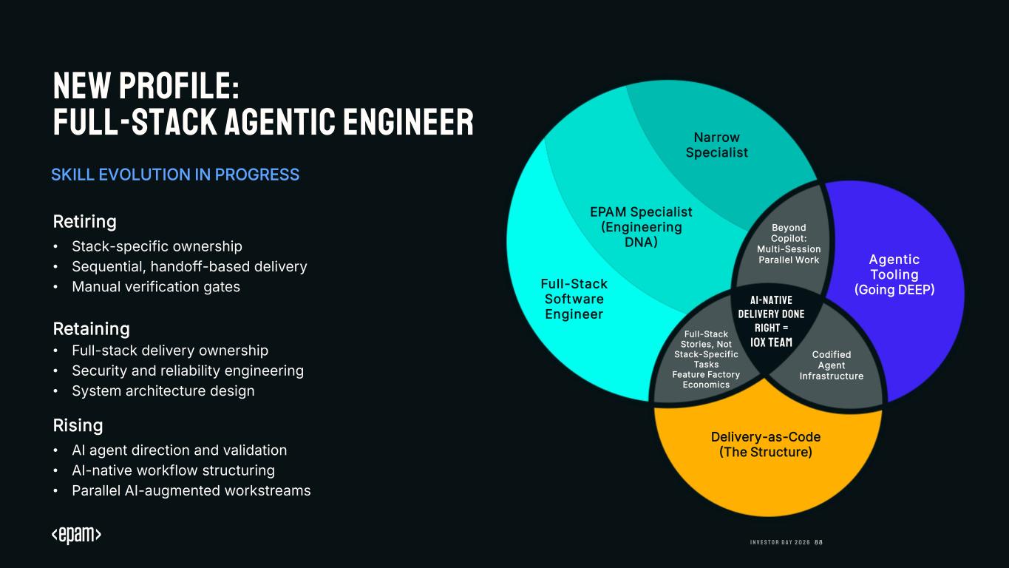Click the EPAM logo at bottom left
76,536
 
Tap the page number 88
818,542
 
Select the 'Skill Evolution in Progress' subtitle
175,175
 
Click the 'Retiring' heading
85,221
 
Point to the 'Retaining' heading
92,328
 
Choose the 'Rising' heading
78,425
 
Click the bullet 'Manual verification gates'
156,286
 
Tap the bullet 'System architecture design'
163,390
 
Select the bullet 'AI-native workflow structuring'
173,470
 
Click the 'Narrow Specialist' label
716,145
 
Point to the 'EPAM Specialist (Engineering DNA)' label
641,226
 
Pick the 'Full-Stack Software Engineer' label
574,299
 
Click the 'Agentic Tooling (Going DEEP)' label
894,274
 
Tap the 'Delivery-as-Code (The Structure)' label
766,444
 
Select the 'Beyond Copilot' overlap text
789,243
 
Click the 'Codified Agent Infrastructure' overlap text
832,365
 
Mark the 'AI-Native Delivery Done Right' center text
771,321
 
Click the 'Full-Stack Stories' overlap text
706,359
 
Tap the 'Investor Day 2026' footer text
780,542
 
